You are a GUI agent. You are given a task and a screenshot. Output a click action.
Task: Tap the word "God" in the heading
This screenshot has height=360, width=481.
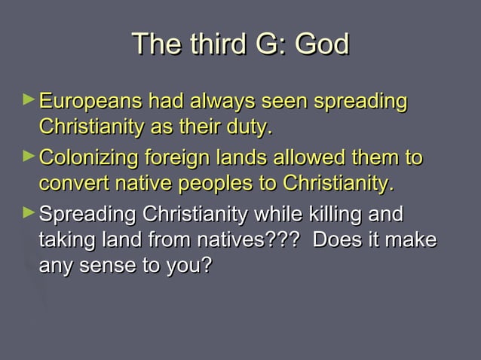(x=321, y=44)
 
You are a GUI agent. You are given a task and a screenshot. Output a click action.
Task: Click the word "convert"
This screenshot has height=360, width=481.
(x=69, y=183)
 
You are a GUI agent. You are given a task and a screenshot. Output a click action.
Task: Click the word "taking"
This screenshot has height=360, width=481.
(x=63, y=241)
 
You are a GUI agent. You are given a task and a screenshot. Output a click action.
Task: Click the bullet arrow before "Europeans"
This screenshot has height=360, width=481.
(x=29, y=99)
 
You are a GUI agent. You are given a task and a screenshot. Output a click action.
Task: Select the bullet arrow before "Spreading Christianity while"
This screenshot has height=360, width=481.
(x=29, y=213)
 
